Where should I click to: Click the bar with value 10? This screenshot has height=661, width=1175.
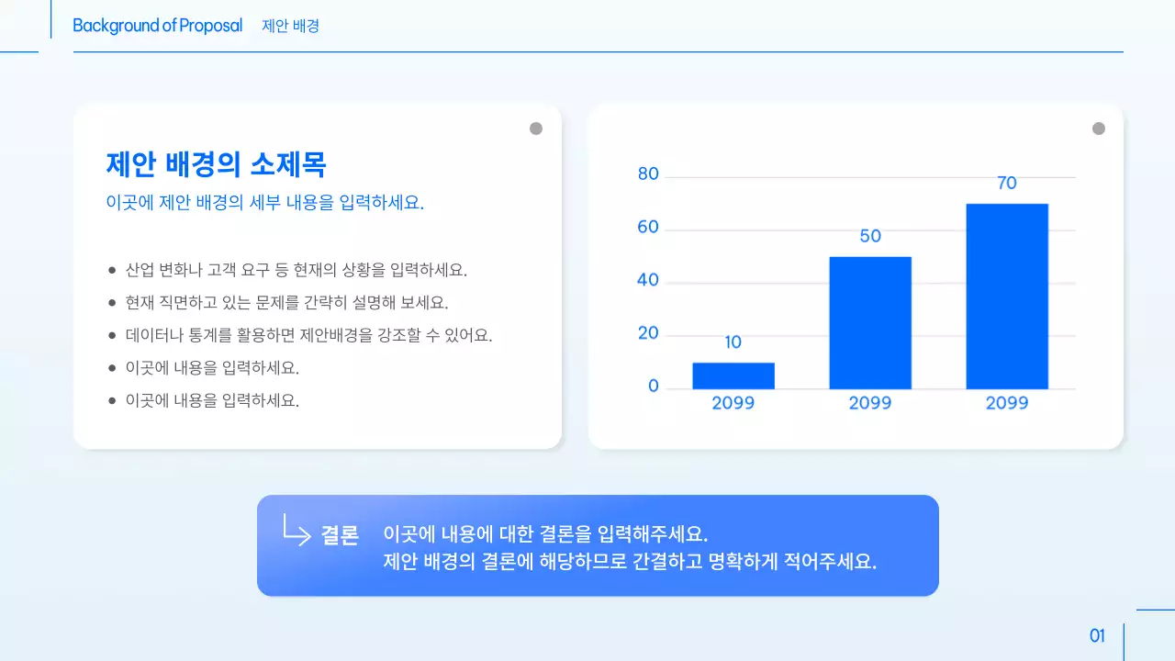point(733,375)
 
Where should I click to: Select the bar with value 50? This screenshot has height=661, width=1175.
point(869,322)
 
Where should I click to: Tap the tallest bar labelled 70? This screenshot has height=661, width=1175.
point(1006,296)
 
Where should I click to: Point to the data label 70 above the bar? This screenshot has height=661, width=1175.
point(1007,184)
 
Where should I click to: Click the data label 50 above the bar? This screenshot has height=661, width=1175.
point(870,237)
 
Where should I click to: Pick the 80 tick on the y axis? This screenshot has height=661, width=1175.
point(648,174)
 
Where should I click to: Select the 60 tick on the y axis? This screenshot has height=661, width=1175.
point(648,228)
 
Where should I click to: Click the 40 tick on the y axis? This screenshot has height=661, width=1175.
point(648,280)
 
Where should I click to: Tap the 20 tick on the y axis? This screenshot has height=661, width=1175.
point(648,333)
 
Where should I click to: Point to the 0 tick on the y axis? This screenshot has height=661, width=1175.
point(654,387)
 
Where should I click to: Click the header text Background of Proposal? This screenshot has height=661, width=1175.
point(158,26)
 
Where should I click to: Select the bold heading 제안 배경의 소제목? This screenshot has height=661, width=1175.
point(216,164)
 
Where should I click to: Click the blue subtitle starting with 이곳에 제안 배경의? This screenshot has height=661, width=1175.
point(265,203)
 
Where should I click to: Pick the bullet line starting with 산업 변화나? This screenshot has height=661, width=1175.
point(297,270)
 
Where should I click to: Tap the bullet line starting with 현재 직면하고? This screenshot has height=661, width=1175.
point(286,302)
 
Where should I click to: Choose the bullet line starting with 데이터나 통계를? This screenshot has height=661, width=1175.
point(309,335)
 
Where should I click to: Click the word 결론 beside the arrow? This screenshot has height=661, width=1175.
point(340,536)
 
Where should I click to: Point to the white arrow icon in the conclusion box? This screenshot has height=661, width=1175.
point(297,530)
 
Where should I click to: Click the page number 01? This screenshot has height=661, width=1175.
point(1097,636)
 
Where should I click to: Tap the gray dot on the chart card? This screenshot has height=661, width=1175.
point(1099,129)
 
